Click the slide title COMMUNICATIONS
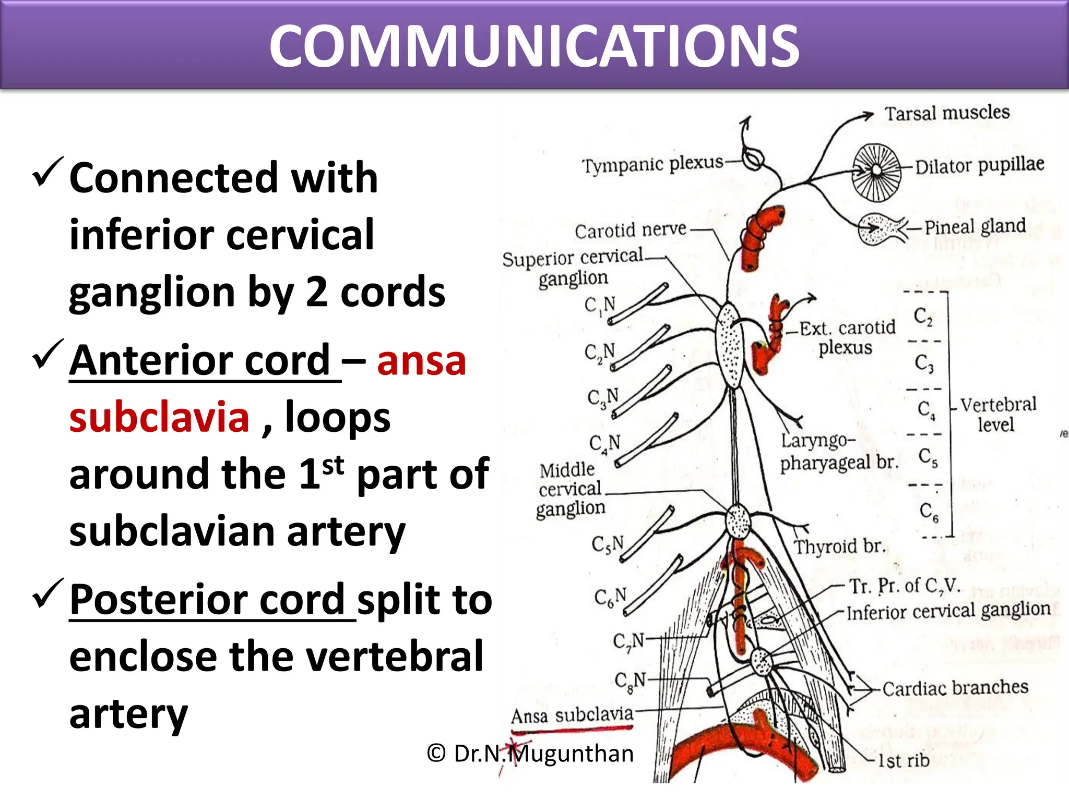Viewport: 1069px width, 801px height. click(534, 47)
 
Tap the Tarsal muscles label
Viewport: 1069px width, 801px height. click(946, 113)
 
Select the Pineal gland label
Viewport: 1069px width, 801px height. click(975, 226)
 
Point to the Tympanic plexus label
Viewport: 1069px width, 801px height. click(652, 164)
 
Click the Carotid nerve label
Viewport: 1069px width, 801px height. click(630, 230)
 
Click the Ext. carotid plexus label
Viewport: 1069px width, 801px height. click(847, 337)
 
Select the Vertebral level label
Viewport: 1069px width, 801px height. click(997, 414)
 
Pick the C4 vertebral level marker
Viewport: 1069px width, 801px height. click(926, 410)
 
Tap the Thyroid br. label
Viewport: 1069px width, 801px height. click(839, 547)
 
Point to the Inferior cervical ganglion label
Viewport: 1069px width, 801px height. click(948, 611)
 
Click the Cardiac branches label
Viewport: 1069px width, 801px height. click(955, 688)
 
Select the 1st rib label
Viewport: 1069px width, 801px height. click(904, 760)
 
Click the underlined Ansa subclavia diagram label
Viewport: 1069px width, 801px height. click(572, 715)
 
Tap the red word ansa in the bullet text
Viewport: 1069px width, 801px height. click(421, 360)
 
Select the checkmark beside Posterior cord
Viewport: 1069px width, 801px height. click(47, 593)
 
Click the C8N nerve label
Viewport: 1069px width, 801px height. click(629, 681)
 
